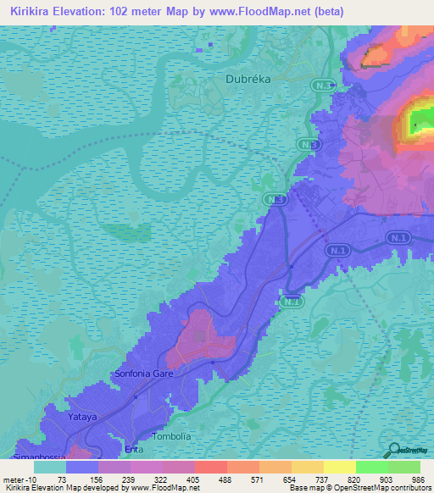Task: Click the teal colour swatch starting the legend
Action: click(49, 467)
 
